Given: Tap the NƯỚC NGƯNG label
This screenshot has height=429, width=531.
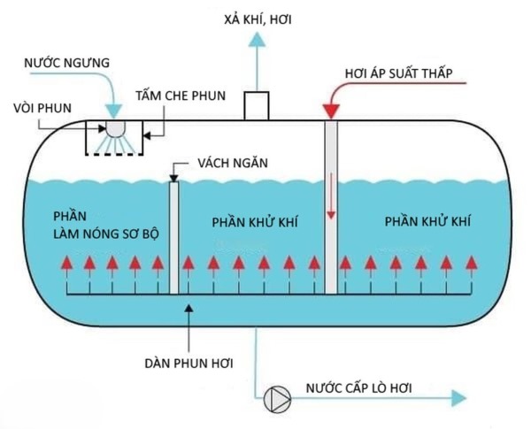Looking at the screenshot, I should tap(67, 64).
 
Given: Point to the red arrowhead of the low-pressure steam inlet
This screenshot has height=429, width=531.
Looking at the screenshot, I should tap(331, 111).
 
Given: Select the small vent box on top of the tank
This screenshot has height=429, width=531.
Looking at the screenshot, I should tap(257, 104).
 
